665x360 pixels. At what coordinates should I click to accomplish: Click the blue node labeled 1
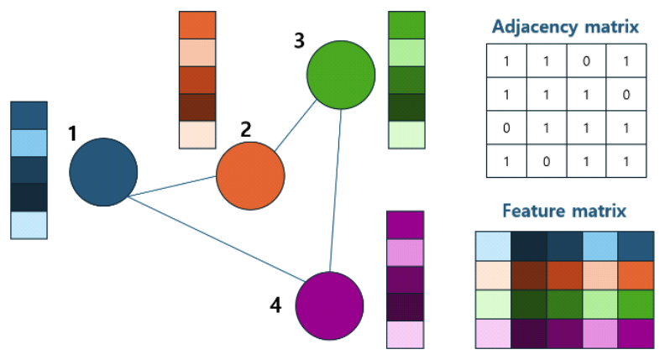coord(103,171)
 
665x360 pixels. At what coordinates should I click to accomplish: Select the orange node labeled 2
coord(250,176)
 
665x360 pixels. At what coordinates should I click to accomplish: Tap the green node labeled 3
coord(340,75)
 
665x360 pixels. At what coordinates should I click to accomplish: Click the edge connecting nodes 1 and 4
coord(215,237)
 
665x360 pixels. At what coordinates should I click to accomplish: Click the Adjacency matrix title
coord(565,28)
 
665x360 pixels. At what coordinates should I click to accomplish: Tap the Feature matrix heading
coord(563,211)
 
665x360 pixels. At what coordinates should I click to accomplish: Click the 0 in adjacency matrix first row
coord(584,61)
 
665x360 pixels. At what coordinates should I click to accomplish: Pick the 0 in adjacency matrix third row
coord(507,128)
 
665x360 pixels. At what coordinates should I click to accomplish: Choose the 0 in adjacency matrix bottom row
coord(546,160)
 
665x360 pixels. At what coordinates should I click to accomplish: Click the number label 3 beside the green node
coord(299,40)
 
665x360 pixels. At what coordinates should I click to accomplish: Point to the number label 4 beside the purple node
coord(275,305)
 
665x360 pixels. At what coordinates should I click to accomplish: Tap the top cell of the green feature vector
coord(406,24)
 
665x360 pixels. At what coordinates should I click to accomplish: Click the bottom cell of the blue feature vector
coord(29,225)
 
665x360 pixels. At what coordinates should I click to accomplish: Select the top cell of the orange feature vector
coord(197,24)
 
